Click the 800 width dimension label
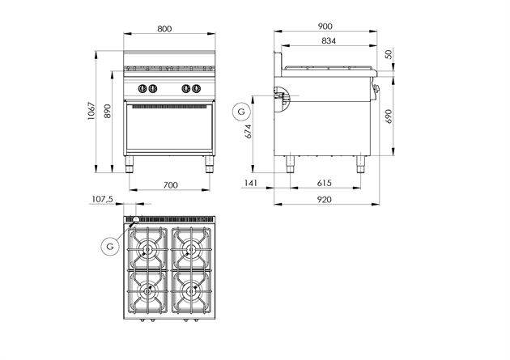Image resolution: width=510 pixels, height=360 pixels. point(164,29)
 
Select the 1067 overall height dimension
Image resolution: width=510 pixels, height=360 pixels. point(91,111)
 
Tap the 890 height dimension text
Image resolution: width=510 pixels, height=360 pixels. point(108,111)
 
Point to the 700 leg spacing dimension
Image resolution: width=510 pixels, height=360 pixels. point(171,185)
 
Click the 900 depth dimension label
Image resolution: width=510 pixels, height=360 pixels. point(325,27)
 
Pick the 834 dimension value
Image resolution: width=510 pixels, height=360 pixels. point(329,41)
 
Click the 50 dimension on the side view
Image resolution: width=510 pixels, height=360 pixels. point(389,54)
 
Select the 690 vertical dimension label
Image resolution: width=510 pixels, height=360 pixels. point(389,116)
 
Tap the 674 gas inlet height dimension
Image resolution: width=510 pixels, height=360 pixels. point(249,131)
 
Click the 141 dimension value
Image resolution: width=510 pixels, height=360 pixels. point(250,183)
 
